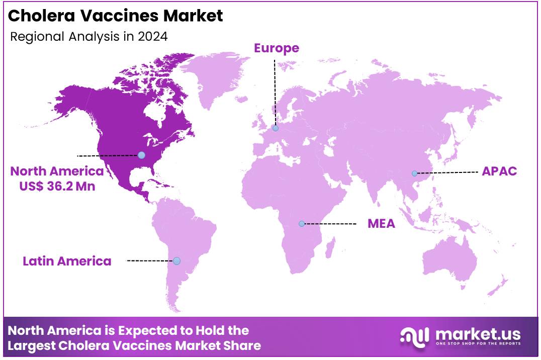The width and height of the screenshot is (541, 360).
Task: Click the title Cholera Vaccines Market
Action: [116, 16]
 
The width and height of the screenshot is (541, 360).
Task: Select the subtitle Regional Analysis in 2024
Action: [89, 36]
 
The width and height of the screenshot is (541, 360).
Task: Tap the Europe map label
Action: [276, 48]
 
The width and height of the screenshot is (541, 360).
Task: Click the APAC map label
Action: [499, 171]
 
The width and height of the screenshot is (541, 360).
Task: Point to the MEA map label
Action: [381, 224]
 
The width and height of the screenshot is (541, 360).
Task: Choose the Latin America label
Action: [67, 261]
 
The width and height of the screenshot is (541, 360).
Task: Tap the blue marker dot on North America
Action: [141, 155]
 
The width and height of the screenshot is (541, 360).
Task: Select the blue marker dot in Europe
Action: [276, 128]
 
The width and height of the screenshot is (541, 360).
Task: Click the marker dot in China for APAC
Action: [414, 173]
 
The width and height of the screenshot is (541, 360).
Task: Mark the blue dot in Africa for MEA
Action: [302, 224]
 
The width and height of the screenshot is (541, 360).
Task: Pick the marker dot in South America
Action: [176, 260]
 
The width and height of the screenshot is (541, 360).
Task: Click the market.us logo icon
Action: [415, 335]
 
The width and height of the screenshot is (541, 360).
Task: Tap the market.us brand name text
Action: [477, 333]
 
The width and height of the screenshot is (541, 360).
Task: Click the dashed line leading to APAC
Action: [447, 172]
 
